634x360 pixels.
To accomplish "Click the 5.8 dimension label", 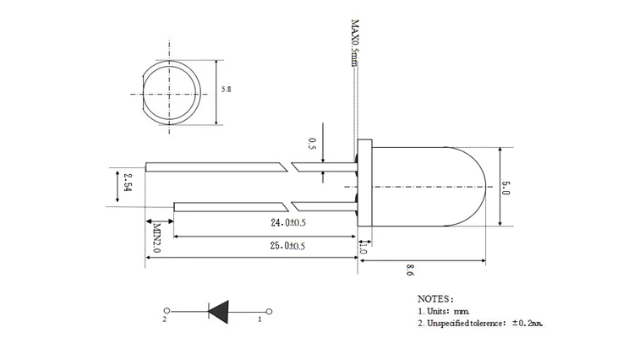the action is (226, 90).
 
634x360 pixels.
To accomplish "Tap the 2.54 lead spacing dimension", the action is (128, 183).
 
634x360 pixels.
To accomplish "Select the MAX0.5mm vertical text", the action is (354, 43).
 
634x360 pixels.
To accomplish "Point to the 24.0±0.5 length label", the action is (288, 222).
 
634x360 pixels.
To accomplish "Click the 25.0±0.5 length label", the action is (287, 246).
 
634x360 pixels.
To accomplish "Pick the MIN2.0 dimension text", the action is (157, 238).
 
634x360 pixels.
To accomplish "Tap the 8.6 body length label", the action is (410, 270).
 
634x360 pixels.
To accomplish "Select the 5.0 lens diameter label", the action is (506, 188).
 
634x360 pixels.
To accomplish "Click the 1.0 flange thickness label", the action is (363, 248).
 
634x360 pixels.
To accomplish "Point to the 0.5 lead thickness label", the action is (312, 144).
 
